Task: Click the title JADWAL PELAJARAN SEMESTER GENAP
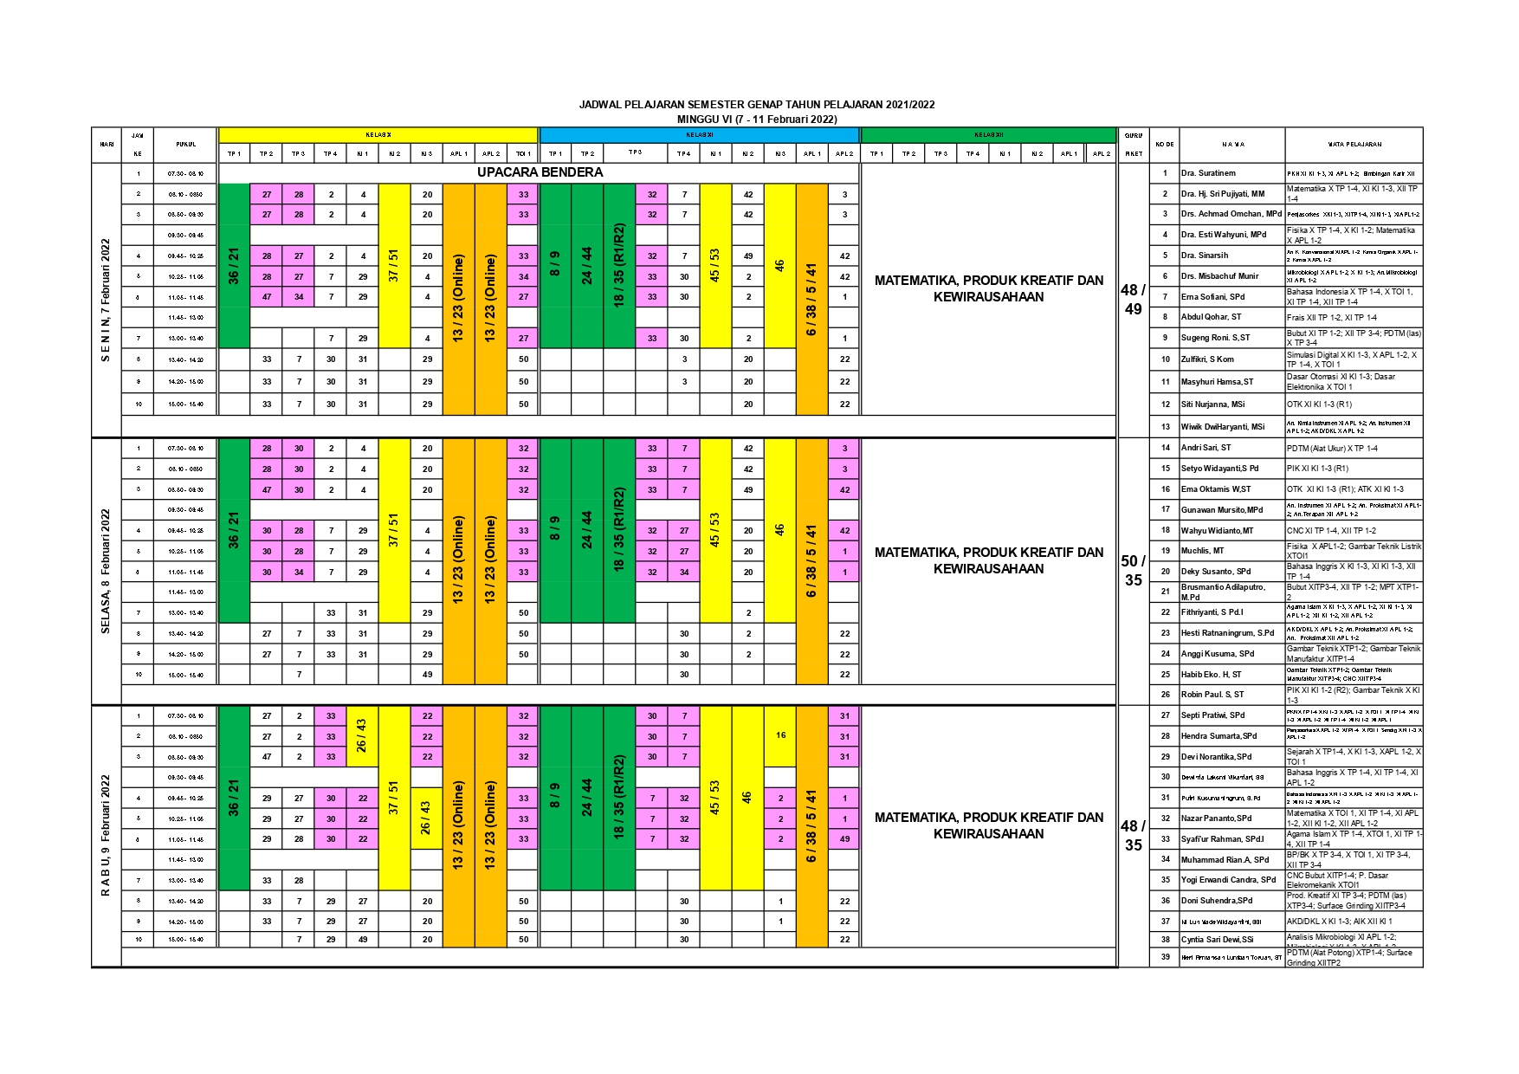tap(756, 105)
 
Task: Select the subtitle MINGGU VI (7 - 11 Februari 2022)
tap(756, 119)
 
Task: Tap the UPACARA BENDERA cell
tap(540, 172)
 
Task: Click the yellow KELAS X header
tap(378, 135)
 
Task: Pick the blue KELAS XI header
tap(699, 135)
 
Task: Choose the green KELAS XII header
tap(988, 135)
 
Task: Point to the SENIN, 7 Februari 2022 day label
tap(107, 300)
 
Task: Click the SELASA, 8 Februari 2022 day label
tap(107, 571)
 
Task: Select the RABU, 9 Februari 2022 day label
tap(107, 835)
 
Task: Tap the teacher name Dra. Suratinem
tap(1208, 173)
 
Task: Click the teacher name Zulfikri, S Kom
tap(1207, 359)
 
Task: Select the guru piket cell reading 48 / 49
tap(1133, 300)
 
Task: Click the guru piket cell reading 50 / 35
tap(1133, 571)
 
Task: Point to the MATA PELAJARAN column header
tap(1354, 145)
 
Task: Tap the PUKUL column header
tap(185, 145)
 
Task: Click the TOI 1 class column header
tap(523, 154)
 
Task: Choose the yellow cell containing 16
tap(780, 735)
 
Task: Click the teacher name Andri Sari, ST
tap(1206, 448)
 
